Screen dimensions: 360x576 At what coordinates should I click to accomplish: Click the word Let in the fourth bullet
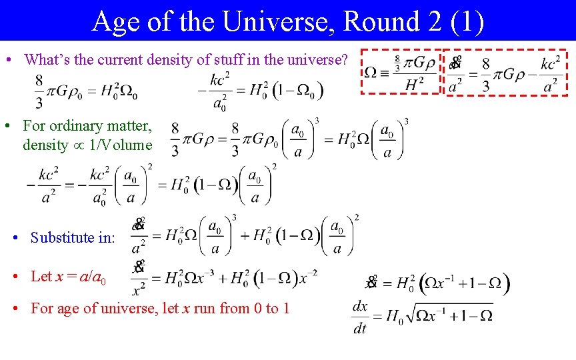tap(41, 276)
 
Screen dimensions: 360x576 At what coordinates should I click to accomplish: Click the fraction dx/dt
tap(359, 317)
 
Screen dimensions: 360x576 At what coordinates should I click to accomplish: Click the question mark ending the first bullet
tap(343, 59)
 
